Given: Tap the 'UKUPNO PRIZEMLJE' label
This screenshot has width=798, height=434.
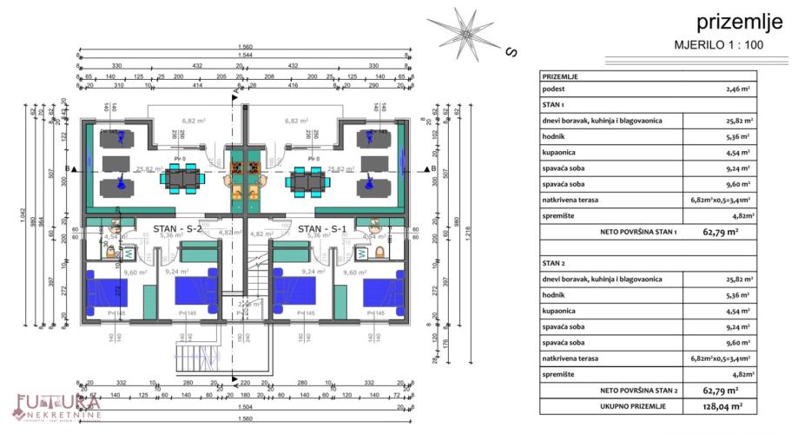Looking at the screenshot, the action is pos(632,405).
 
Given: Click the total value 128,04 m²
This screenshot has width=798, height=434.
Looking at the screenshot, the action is pos(723,405).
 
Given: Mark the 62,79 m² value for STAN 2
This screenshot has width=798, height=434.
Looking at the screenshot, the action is pos(720,390).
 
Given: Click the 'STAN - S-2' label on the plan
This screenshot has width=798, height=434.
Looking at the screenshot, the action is pos(177,229).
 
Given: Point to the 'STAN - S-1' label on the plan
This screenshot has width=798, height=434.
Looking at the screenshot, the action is pos(322,229).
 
